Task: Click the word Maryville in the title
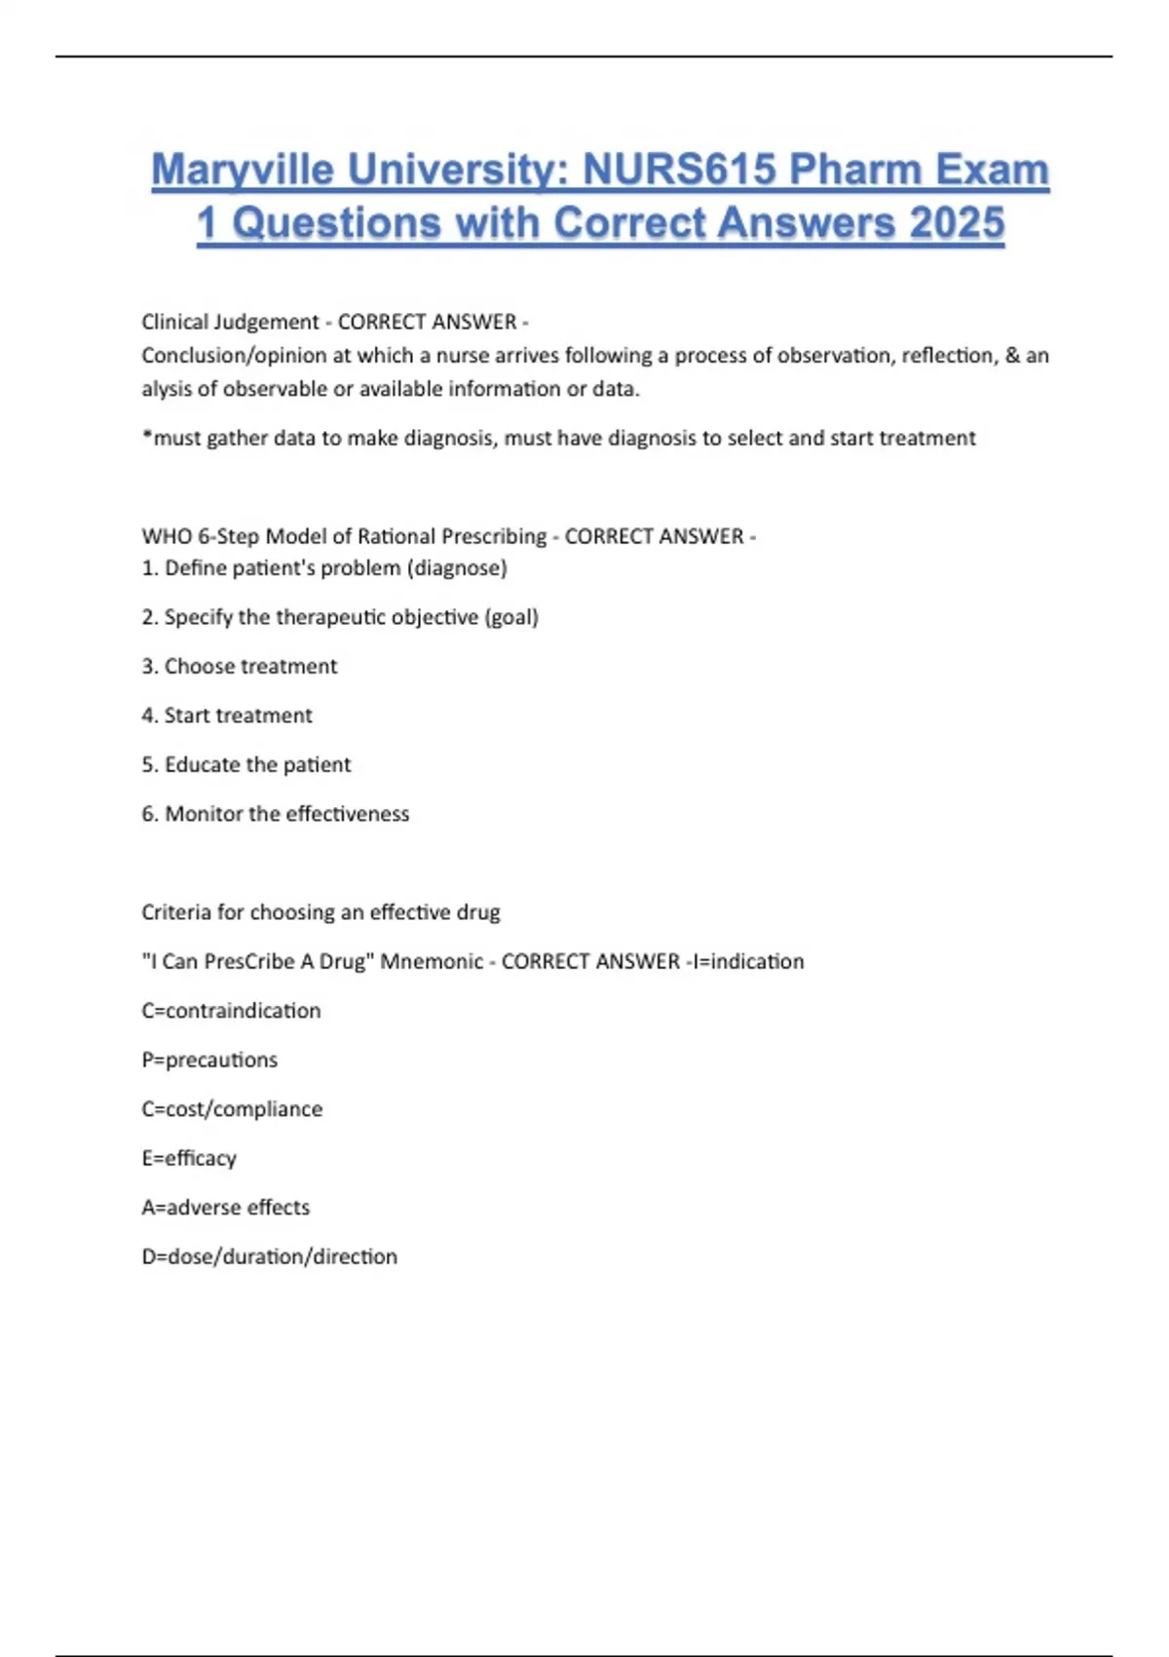(x=243, y=171)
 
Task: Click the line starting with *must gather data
(x=558, y=439)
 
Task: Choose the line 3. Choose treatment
(x=239, y=667)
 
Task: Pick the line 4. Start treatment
(x=227, y=715)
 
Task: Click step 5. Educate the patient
(x=245, y=765)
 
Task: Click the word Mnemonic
(x=432, y=962)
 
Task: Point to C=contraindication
(x=231, y=1011)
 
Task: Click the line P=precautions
(x=209, y=1060)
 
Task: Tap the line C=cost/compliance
(x=232, y=1109)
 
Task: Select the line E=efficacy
(x=189, y=1159)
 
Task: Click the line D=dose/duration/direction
(x=269, y=1257)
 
